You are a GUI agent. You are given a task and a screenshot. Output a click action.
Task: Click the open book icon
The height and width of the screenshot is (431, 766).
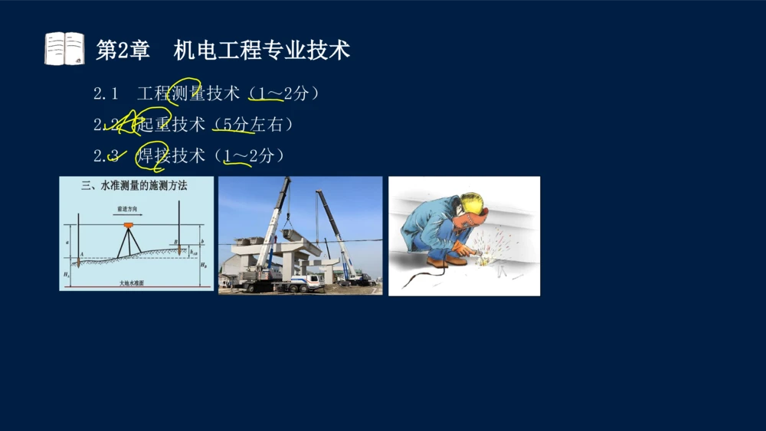pyautogui.click(x=64, y=49)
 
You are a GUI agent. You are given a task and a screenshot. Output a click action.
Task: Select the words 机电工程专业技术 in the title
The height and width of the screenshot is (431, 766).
pyautogui.click(x=261, y=51)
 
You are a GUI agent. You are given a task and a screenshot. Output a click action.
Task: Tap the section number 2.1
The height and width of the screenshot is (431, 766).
pyautogui.click(x=106, y=94)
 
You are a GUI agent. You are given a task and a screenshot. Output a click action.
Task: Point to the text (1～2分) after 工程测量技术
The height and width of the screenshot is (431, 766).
pyautogui.click(x=283, y=94)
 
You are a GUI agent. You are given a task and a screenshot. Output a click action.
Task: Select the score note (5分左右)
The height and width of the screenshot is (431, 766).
pyautogui.click(x=253, y=125)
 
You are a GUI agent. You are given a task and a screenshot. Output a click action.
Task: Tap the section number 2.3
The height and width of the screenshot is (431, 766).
pyautogui.click(x=106, y=156)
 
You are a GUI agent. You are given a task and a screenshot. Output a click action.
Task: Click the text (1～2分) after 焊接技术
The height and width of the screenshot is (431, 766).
pyautogui.click(x=250, y=156)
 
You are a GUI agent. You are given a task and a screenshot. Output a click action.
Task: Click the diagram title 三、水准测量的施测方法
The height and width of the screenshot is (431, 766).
pyautogui.click(x=134, y=185)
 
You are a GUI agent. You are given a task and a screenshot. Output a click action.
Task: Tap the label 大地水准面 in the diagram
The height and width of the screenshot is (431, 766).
pyautogui.click(x=134, y=283)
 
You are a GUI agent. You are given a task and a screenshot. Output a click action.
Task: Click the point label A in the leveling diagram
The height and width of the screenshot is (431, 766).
pyautogui.click(x=81, y=253)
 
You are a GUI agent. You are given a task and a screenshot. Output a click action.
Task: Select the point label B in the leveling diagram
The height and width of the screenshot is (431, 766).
pyautogui.click(x=175, y=243)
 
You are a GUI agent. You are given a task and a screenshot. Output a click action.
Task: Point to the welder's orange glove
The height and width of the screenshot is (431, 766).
pyautogui.click(x=462, y=248)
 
